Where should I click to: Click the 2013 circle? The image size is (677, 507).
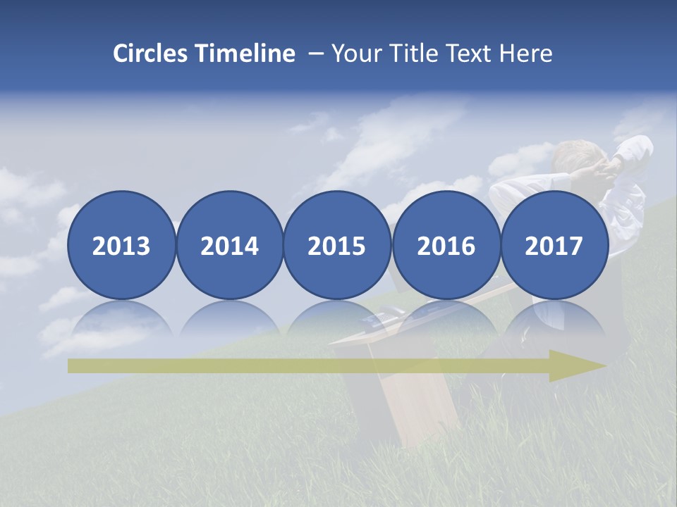[x=121, y=246]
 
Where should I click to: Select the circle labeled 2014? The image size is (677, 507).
[x=230, y=246]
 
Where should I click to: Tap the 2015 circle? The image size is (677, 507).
[x=337, y=246]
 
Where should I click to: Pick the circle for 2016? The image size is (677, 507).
[x=446, y=246]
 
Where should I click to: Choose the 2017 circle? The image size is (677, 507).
[x=554, y=246]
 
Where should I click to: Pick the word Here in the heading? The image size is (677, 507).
[x=526, y=54]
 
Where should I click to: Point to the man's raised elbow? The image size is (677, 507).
[x=638, y=148]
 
